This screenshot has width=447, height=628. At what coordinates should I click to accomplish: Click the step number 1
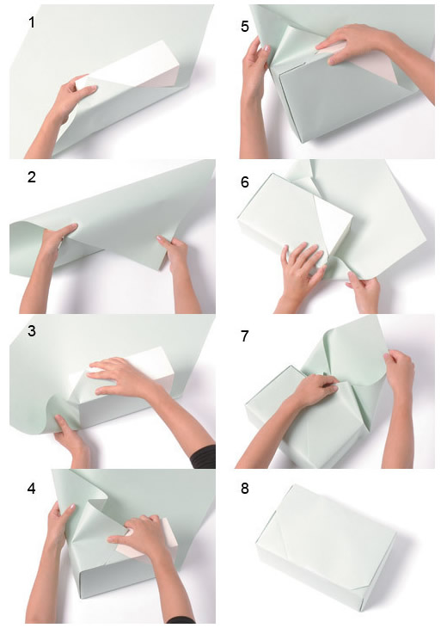coord(32,22)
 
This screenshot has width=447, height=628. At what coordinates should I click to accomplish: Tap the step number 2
coord(32,176)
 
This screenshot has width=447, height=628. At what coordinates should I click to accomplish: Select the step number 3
coord(32,331)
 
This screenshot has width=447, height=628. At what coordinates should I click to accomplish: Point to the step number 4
coord(32,489)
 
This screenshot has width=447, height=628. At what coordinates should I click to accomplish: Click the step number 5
coord(245,27)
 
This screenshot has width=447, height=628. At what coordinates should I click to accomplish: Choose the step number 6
coord(245,182)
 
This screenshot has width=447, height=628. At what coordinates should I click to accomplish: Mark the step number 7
coord(245,336)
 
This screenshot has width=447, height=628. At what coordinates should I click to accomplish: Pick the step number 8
coord(245,489)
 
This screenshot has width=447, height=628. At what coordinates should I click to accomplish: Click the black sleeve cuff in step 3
coord(205,457)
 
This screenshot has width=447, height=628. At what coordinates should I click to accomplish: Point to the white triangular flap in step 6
coord(332,225)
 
